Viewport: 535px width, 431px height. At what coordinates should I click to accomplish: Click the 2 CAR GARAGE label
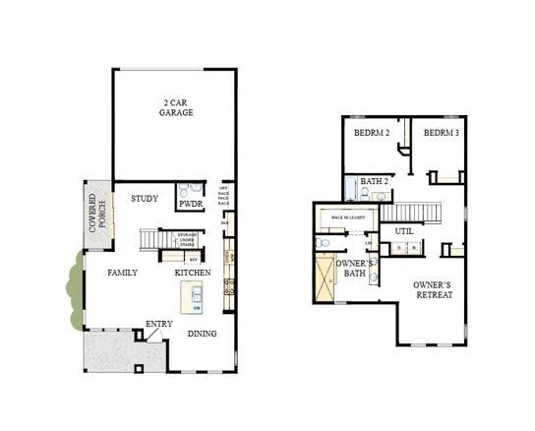tap(177, 107)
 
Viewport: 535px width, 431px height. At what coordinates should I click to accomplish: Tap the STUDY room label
tap(145, 199)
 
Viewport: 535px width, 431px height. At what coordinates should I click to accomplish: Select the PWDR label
tap(190, 205)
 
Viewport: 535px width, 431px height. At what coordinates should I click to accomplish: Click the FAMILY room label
tap(122, 273)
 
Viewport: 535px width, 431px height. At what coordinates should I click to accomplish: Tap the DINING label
tap(204, 334)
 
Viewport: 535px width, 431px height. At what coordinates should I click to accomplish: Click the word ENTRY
tap(158, 324)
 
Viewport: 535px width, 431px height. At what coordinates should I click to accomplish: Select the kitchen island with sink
tap(193, 295)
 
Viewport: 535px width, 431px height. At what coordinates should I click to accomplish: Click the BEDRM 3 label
tap(441, 133)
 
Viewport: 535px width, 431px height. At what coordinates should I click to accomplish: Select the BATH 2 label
tap(375, 181)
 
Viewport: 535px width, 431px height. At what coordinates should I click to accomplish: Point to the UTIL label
tap(404, 231)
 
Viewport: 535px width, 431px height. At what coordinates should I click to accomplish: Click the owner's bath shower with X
tap(324, 278)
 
